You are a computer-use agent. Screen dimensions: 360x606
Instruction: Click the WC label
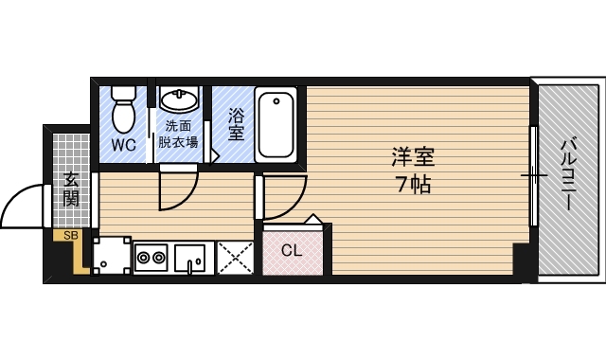(x=123, y=145)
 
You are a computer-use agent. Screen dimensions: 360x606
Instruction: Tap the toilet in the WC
(x=123, y=110)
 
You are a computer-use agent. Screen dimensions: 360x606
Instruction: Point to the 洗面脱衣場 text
(x=178, y=135)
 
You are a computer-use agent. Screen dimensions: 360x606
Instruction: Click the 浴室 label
(x=235, y=124)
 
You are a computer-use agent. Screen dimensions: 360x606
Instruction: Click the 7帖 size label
(x=414, y=185)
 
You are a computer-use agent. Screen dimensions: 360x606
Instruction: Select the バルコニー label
(x=569, y=176)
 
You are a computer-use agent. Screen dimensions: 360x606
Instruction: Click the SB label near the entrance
(x=69, y=235)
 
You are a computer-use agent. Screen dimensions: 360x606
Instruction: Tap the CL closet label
(x=292, y=251)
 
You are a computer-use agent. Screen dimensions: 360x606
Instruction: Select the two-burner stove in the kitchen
(x=151, y=255)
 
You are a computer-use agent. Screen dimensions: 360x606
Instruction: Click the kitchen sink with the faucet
(x=192, y=256)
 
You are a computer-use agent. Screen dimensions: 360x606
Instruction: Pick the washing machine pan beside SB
(x=111, y=255)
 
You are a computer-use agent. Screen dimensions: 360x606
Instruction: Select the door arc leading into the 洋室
(x=284, y=197)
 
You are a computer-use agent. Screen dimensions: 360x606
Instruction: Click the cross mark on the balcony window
(x=535, y=176)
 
